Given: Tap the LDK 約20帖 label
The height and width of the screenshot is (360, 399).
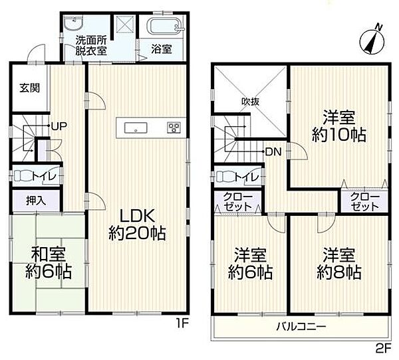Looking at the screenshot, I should [138, 225].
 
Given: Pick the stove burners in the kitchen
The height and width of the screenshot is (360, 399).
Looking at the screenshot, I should [174, 128].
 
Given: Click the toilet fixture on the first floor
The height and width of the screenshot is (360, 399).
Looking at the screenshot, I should [25, 175].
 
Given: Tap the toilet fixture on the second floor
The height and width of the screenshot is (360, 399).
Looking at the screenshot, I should [227, 177].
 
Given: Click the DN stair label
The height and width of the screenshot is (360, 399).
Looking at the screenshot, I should [273, 151].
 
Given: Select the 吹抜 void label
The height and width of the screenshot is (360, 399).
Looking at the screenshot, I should [250, 102].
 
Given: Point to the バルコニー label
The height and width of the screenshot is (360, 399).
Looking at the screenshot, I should [301, 327].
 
